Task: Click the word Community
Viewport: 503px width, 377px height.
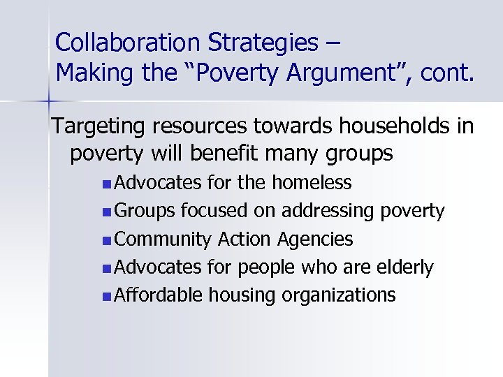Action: [163, 239]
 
